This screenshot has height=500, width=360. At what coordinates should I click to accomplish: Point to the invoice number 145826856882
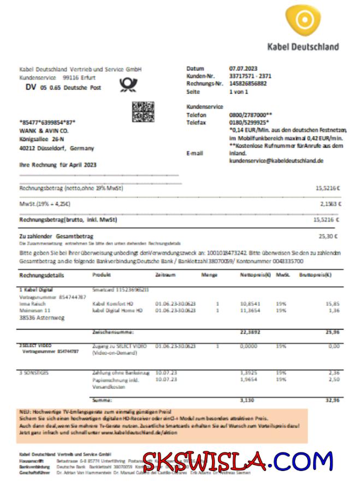[x=249, y=84]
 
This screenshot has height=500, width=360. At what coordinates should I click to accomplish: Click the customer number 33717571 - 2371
[x=250, y=77]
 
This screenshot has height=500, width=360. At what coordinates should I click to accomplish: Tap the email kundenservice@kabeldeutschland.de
[x=276, y=161]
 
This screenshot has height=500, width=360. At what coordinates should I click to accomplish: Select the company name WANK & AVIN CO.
[x=44, y=131]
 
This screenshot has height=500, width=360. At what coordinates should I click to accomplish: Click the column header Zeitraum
[x=165, y=275]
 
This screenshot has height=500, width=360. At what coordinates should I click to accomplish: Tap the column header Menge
[x=209, y=275]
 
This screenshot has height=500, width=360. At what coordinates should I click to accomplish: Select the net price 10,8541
[x=250, y=303]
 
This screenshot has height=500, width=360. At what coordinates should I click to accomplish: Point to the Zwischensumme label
[x=114, y=332]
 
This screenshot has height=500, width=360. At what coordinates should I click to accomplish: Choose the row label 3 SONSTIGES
[x=34, y=372]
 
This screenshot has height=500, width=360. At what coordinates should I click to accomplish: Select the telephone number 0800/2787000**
[x=251, y=115]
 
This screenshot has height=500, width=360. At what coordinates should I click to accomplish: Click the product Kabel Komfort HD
[x=113, y=303]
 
